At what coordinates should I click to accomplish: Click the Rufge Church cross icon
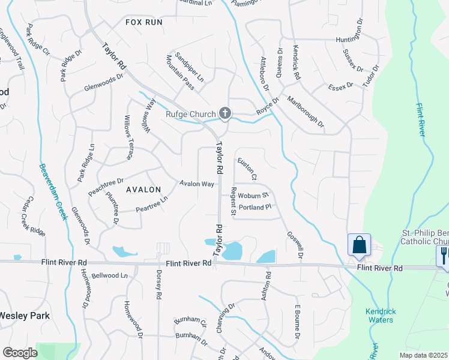[225, 113]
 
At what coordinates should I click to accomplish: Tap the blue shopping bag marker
[359, 245]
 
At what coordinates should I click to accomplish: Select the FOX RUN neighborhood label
[144, 22]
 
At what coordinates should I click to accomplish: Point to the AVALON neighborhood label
[143, 190]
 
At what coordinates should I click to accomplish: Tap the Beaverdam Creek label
[52, 191]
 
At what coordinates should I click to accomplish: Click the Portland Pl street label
[256, 207]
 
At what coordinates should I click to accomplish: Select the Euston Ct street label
[247, 169]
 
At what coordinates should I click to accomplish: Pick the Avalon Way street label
[196, 184]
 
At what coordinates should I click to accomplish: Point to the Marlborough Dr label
[305, 112]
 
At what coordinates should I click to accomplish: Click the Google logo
[20, 353]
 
